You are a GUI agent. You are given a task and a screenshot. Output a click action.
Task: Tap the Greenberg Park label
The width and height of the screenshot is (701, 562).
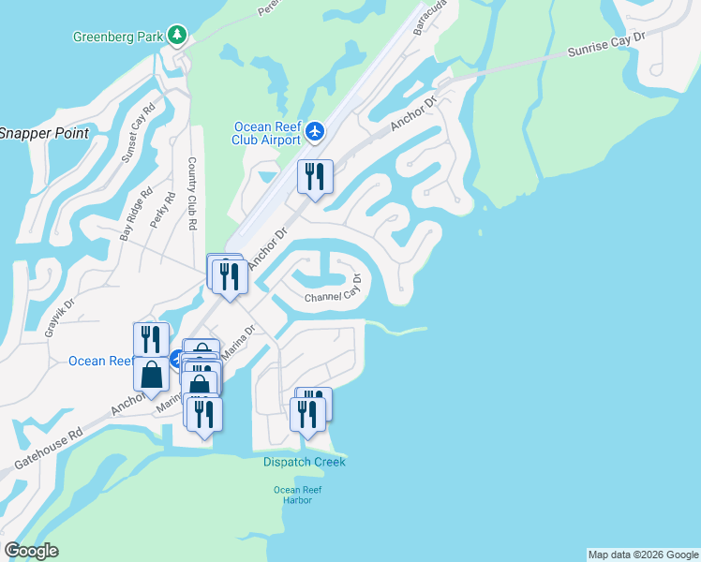coord(118,37)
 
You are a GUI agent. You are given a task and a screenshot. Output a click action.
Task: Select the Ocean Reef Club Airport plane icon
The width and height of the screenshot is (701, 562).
coord(315,131)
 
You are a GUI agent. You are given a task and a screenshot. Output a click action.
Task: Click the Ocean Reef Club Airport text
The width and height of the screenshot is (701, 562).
coord(266,133)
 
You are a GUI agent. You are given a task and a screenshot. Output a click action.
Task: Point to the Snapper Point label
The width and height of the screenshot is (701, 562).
coord(43,133)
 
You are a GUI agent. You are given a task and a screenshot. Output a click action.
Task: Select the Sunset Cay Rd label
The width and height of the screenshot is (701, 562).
coord(137,137)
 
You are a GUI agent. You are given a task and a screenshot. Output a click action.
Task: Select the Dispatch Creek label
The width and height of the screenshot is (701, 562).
coord(304,462)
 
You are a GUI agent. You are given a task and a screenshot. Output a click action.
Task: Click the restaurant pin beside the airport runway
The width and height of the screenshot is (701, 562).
coord(315,177)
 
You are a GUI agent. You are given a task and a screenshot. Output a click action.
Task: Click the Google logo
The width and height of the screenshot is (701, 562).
coord(32,551)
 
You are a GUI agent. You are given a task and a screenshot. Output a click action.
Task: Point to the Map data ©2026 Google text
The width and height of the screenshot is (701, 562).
coord(643,555)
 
